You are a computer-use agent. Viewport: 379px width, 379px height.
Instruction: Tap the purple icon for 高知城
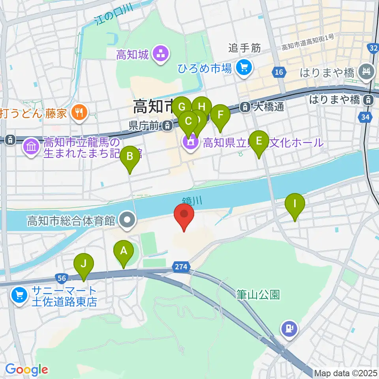coord(161,54)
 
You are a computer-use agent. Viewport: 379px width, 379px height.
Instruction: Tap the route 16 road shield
coord(279,72)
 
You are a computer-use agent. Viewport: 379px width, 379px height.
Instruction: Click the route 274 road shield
coord(181,267)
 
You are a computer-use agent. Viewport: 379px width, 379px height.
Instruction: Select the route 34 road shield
coord(365,117)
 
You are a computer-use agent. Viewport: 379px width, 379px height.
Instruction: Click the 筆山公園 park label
coord(258,295)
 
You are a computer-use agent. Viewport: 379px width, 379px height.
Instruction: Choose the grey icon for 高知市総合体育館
coord(128,220)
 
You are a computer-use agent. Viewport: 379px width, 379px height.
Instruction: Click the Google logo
coord(26,370)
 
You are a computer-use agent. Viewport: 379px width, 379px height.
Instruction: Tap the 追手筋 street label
coord(245,48)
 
